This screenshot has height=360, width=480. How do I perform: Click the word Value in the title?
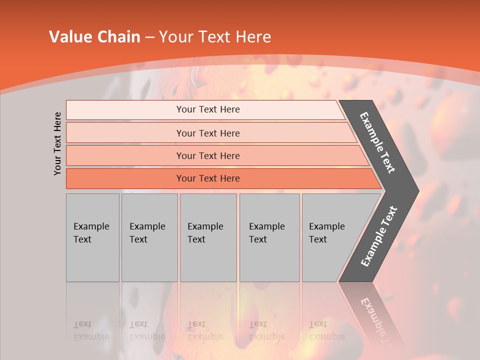[69, 37]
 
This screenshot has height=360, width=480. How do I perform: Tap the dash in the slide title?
[149, 37]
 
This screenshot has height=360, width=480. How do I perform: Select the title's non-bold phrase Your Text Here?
[214, 37]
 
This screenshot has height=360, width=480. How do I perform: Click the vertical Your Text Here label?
[57, 143]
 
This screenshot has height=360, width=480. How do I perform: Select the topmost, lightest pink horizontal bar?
[207, 109]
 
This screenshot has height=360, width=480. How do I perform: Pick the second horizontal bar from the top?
[207, 133]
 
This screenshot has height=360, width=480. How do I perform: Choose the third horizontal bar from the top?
[207, 155]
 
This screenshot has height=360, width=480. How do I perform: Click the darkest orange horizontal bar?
[207, 178]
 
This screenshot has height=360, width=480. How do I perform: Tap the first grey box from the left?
[92, 237]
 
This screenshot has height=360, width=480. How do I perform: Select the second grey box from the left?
[149, 237]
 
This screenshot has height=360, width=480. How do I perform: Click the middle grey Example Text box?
[208, 237]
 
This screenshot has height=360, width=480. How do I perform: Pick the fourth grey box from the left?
[269, 237]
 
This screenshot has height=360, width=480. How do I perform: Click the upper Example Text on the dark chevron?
[377, 142]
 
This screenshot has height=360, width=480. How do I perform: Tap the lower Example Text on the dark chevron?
[378, 236]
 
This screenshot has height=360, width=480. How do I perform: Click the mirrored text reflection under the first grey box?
[91, 330]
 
